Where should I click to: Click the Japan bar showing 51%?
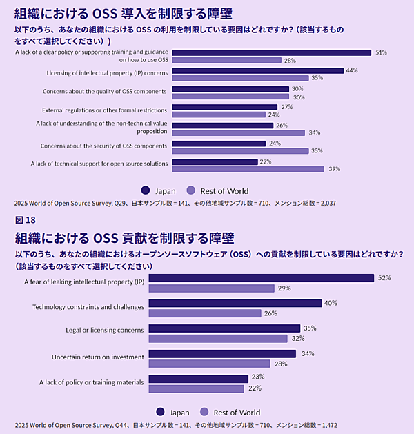(270, 52)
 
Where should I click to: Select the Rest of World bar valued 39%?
(247, 169)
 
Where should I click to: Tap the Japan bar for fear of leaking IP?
(261, 278)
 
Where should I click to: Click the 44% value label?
(351, 70)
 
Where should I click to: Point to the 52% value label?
(384, 278)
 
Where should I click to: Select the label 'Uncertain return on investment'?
(98, 357)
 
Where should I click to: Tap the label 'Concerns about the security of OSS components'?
(103, 146)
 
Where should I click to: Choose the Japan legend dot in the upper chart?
(145, 190)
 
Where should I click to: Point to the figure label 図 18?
(25, 220)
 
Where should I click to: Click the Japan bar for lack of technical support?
(214, 161)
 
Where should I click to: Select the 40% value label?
(331, 303)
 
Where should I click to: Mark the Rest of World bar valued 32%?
(217, 339)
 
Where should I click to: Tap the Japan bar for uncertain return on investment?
(222, 354)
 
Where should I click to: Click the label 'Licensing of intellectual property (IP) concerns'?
(106, 73)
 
